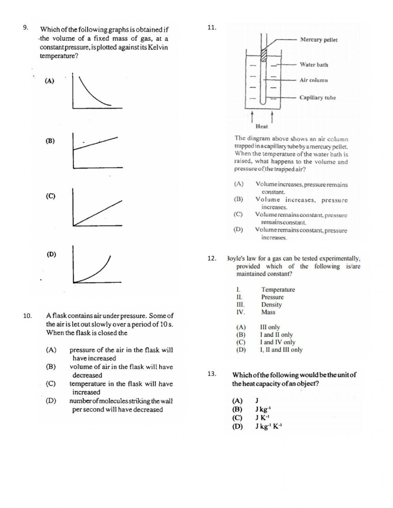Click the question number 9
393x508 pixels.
[25, 28]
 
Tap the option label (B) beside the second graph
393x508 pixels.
[50, 141]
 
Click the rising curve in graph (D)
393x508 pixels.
[98, 272]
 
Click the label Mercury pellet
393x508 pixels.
[318, 40]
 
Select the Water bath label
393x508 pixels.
[314, 65]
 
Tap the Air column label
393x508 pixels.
[314, 80]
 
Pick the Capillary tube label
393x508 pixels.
[318, 98]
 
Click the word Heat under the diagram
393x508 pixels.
[261, 127]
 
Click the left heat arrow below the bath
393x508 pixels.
[252, 116]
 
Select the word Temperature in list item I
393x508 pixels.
[278, 290]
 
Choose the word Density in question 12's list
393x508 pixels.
[271, 305]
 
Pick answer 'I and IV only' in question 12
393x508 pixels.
[277, 342]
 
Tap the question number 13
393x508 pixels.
[212, 374]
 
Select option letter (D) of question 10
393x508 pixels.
[51, 401]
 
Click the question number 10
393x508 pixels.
[27, 315]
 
